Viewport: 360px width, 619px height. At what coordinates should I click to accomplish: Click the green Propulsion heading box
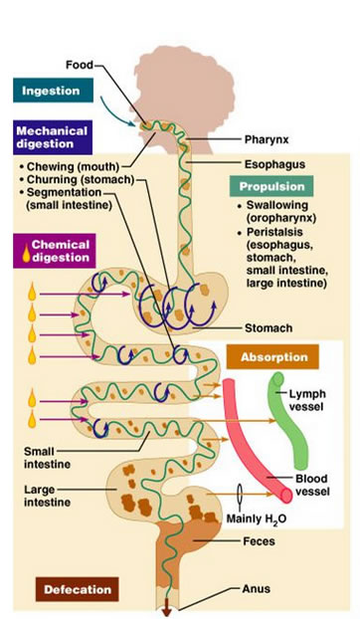270,186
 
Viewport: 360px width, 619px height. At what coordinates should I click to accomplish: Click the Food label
79,65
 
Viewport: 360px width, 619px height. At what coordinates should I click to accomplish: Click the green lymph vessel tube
285,418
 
